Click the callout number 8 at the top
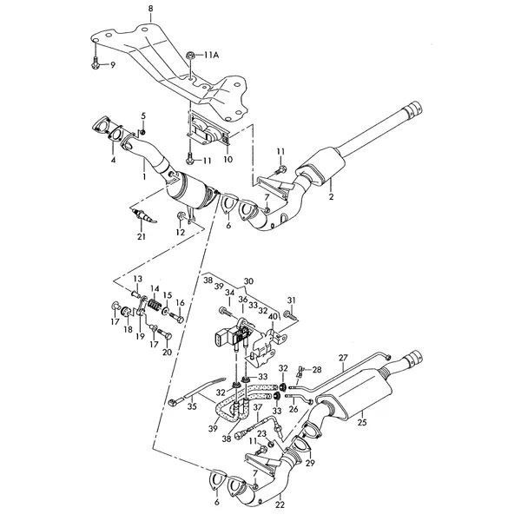[151, 9]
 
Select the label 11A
[211, 56]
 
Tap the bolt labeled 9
[95, 63]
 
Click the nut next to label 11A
[191, 55]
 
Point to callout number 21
[142, 236]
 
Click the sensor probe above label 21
[143, 215]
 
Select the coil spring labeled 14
[155, 305]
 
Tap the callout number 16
[180, 303]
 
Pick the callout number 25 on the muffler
[362, 422]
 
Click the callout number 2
[332, 197]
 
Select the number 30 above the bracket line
[248, 281]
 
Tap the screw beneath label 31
[290, 315]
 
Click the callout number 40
[273, 316]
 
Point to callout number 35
[192, 406]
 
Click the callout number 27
[343, 358]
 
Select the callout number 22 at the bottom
[280, 505]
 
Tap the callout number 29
[310, 463]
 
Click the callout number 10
[228, 159]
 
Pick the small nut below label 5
[142, 132]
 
